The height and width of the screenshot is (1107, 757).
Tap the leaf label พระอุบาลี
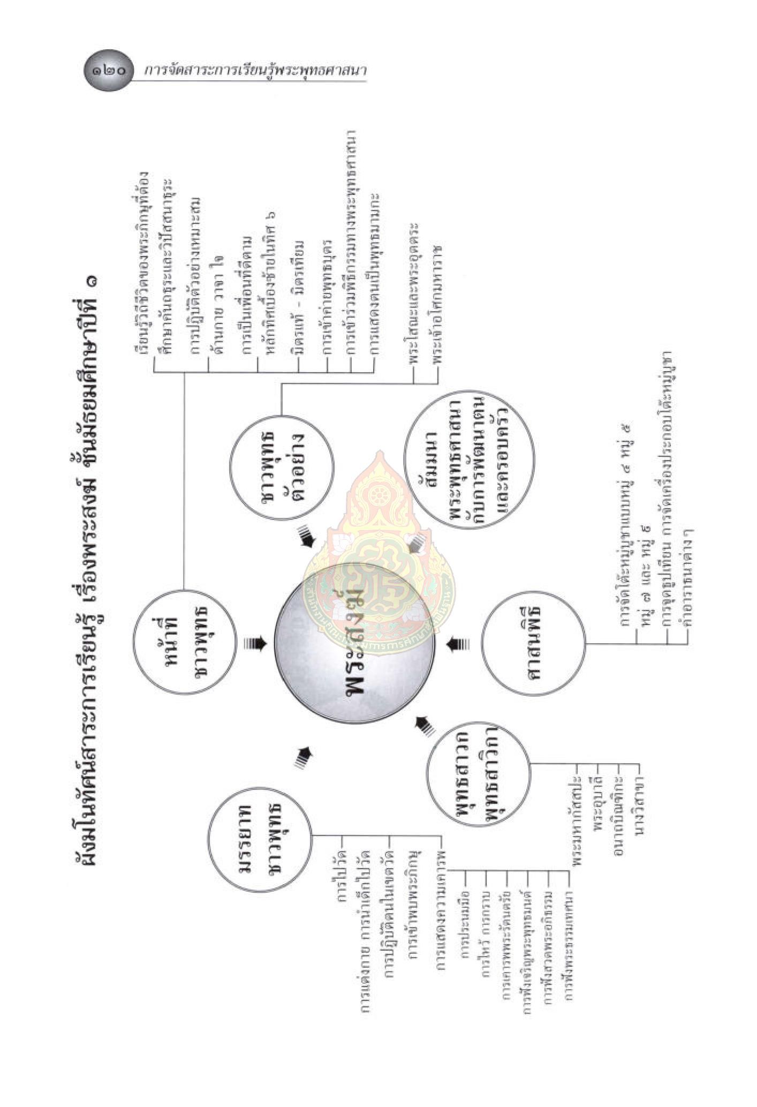598,803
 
